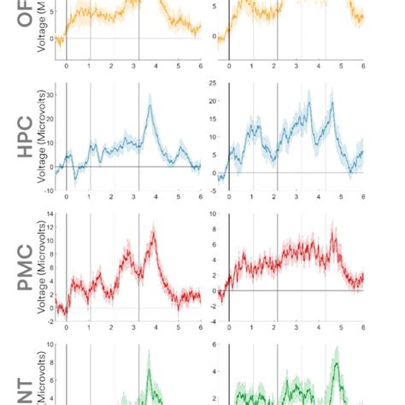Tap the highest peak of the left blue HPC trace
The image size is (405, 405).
[x=150, y=104]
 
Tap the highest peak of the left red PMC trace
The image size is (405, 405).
[x=153, y=232]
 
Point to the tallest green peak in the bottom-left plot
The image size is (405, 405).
[x=148, y=369]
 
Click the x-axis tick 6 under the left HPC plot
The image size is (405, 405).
[x=201, y=197]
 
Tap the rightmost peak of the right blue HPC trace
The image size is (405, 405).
[x=332, y=104]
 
